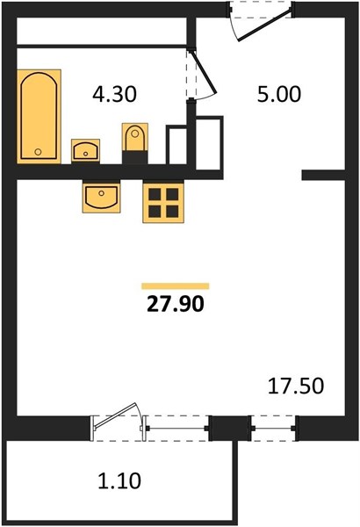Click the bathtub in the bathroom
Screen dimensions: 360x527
(39, 116)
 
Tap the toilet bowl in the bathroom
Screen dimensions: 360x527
(135, 137)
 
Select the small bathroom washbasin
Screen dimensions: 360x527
(85, 150)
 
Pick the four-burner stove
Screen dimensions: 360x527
(163, 203)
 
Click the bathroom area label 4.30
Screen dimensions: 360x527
(115, 94)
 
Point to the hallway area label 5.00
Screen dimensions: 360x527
(279, 94)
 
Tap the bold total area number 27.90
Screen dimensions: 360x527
(176, 304)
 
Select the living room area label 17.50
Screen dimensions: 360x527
(296, 386)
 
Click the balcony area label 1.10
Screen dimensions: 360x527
(119, 480)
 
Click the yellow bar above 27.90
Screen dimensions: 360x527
(175, 286)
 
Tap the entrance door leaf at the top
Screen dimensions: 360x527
(264, 25)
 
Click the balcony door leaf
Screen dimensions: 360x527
(116, 415)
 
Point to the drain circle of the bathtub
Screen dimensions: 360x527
(38, 152)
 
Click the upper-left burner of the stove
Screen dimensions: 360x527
(155, 194)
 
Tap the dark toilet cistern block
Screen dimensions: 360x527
(135, 157)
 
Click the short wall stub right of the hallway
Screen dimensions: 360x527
(323, 175)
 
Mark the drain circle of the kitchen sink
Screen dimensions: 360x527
(101, 193)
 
